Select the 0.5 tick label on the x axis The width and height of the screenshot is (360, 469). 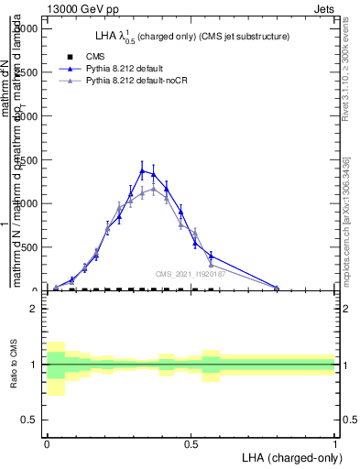[191, 442]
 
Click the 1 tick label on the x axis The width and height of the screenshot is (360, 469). [335, 442]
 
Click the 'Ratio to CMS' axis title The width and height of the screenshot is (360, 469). [13, 365]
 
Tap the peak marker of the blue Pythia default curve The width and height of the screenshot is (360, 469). [142, 170]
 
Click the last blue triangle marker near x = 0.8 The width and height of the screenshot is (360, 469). [277, 288]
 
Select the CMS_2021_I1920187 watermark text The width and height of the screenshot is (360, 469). [189, 273]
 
